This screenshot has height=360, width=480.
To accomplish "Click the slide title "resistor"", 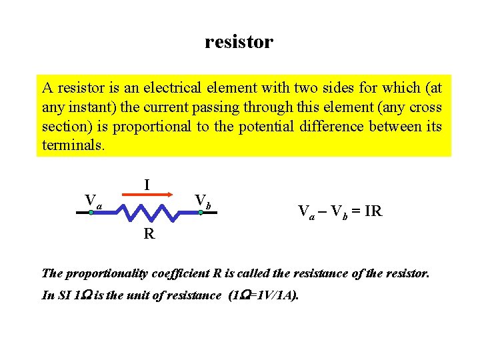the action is [x=239, y=42].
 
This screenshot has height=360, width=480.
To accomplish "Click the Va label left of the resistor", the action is [x=93, y=200].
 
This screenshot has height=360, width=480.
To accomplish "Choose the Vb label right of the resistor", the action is [x=203, y=200].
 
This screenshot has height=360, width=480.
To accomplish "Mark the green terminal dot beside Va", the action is [x=91, y=212].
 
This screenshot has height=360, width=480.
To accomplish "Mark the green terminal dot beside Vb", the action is [x=200, y=212].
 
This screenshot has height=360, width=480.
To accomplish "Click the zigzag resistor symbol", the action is [x=146, y=212].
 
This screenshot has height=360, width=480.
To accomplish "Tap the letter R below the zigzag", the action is [x=149, y=233].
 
